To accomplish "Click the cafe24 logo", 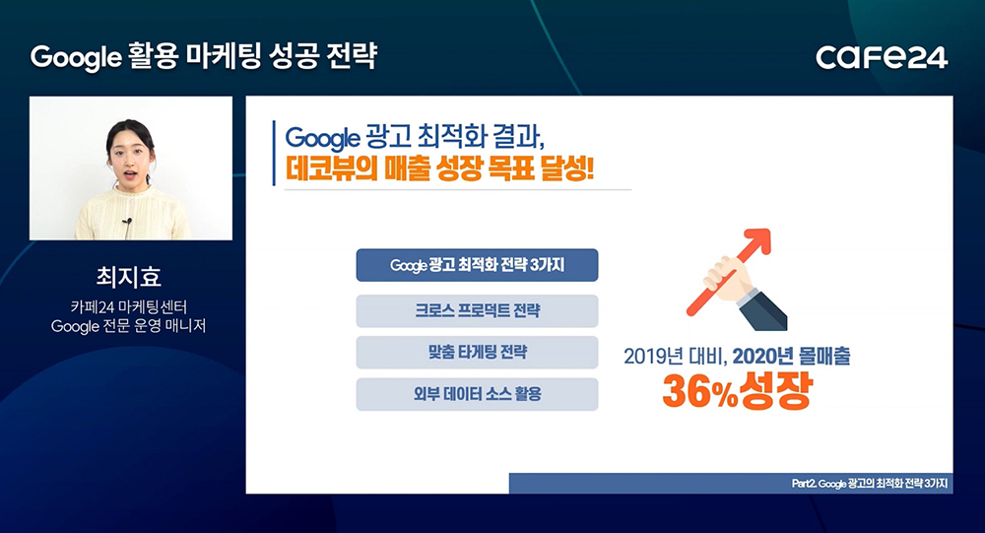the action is tap(882, 57).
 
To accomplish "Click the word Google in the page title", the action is tap(76, 58).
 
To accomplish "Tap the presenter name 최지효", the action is tap(129, 277).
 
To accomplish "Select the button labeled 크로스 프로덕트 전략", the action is tap(477, 310).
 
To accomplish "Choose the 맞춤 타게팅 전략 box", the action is tap(477, 352).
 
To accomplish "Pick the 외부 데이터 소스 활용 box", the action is tap(477, 394).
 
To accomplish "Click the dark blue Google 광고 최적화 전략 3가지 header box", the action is tap(477, 265).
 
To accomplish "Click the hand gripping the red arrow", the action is tap(726, 279).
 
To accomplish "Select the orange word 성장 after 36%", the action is tap(775, 390).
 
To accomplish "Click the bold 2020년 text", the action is tap(763, 357).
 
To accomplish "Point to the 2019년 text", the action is tap(653, 357).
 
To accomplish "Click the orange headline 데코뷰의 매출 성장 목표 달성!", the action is tap(439, 168).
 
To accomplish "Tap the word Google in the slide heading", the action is tap(322, 138).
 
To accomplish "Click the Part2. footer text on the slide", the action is tap(870, 484).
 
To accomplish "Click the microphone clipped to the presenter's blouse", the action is tap(127, 223).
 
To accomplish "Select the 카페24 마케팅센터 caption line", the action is tap(129, 307).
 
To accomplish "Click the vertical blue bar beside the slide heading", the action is tap(274, 153).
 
